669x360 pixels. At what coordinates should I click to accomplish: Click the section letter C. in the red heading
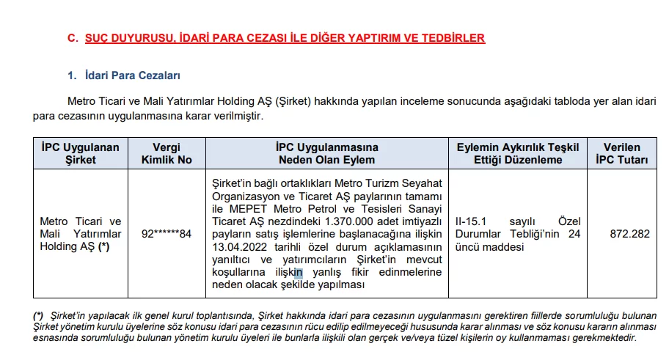pos(73,38)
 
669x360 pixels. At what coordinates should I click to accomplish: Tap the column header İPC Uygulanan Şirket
pos(81,153)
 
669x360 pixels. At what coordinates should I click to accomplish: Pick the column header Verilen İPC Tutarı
pos(622,153)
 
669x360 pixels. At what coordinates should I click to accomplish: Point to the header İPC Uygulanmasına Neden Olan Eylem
pos(326,153)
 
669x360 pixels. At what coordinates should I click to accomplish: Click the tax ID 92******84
pos(166,234)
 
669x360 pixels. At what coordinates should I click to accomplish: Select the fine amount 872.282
pos(629,234)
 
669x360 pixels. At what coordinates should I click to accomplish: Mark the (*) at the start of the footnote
pos(38,315)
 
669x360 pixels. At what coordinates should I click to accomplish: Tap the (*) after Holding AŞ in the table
pos(104,246)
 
